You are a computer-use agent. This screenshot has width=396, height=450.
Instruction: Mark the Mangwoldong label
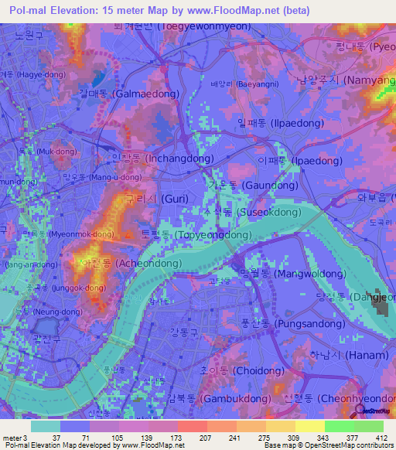[x=292, y=274]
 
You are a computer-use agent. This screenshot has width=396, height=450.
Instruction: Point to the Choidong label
[x=241, y=370]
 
